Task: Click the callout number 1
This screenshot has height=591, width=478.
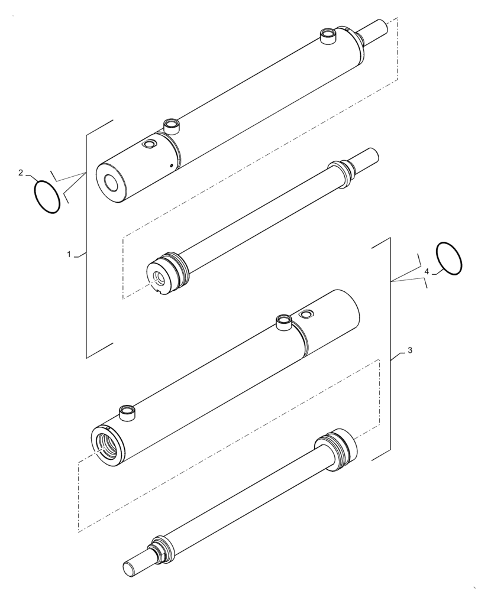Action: click(69, 254)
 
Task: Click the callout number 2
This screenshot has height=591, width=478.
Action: click(21, 173)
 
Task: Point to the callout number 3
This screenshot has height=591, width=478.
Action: click(410, 350)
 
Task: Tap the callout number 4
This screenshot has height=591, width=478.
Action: click(426, 271)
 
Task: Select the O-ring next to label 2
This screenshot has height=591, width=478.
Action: click(47, 196)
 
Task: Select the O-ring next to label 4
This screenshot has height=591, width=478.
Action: click(450, 258)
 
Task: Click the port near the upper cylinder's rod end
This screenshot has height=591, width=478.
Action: click(327, 37)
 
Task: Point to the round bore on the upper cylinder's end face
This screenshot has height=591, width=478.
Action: click(111, 183)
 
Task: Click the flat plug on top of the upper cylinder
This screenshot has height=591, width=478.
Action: click(150, 144)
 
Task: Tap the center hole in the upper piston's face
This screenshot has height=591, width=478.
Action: click(158, 278)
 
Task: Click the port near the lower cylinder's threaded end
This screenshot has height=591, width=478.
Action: click(128, 412)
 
